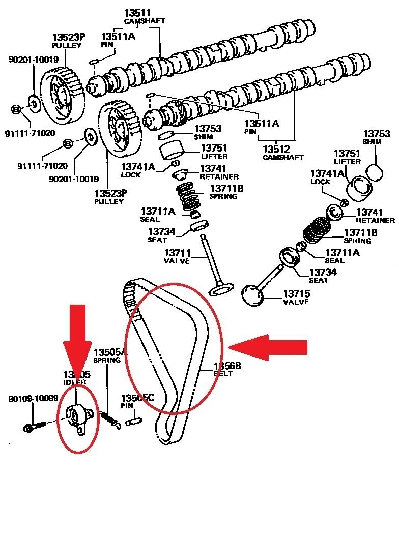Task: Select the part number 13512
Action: [276, 149]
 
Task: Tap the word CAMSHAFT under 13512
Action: [283, 157]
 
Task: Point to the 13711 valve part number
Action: [177, 253]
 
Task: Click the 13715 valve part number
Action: [297, 294]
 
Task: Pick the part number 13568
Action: [227, 366]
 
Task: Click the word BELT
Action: [223, 373]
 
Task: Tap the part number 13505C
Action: [137, 398]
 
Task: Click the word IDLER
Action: [74, 382]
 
